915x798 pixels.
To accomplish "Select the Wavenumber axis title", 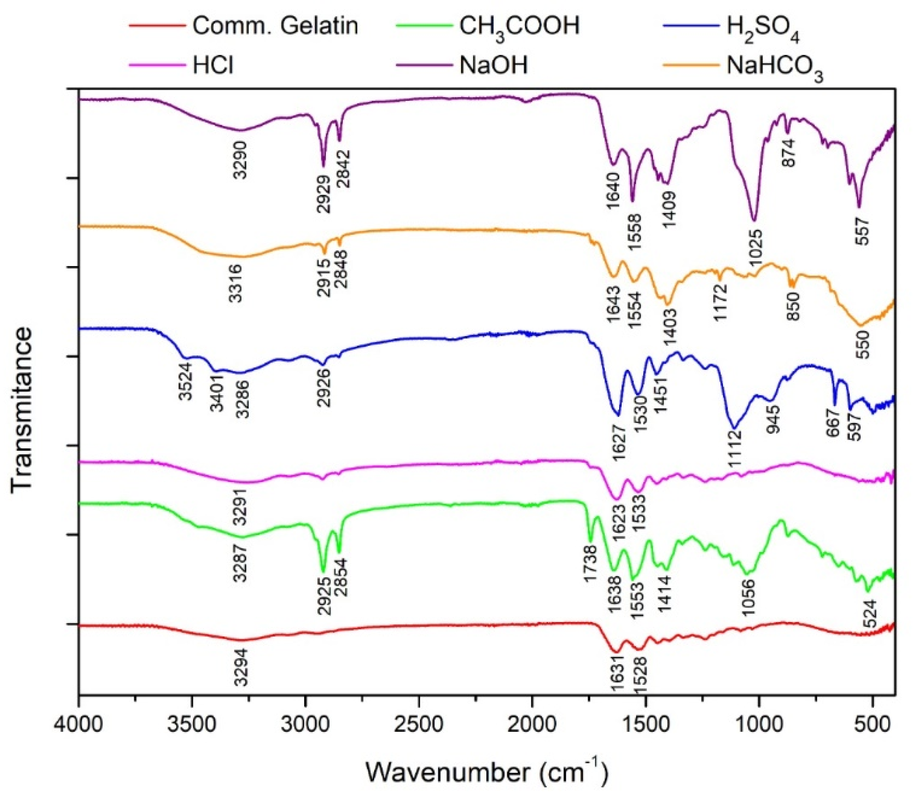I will click(x=486, y=770).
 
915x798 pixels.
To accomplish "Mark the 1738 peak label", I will click(x=590, y=563).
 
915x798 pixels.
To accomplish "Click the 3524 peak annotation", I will click(x=186, y=383).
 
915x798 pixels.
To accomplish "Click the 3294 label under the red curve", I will click(x=241, y=667).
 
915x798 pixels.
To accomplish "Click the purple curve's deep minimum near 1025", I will click(x=754, y=220).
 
